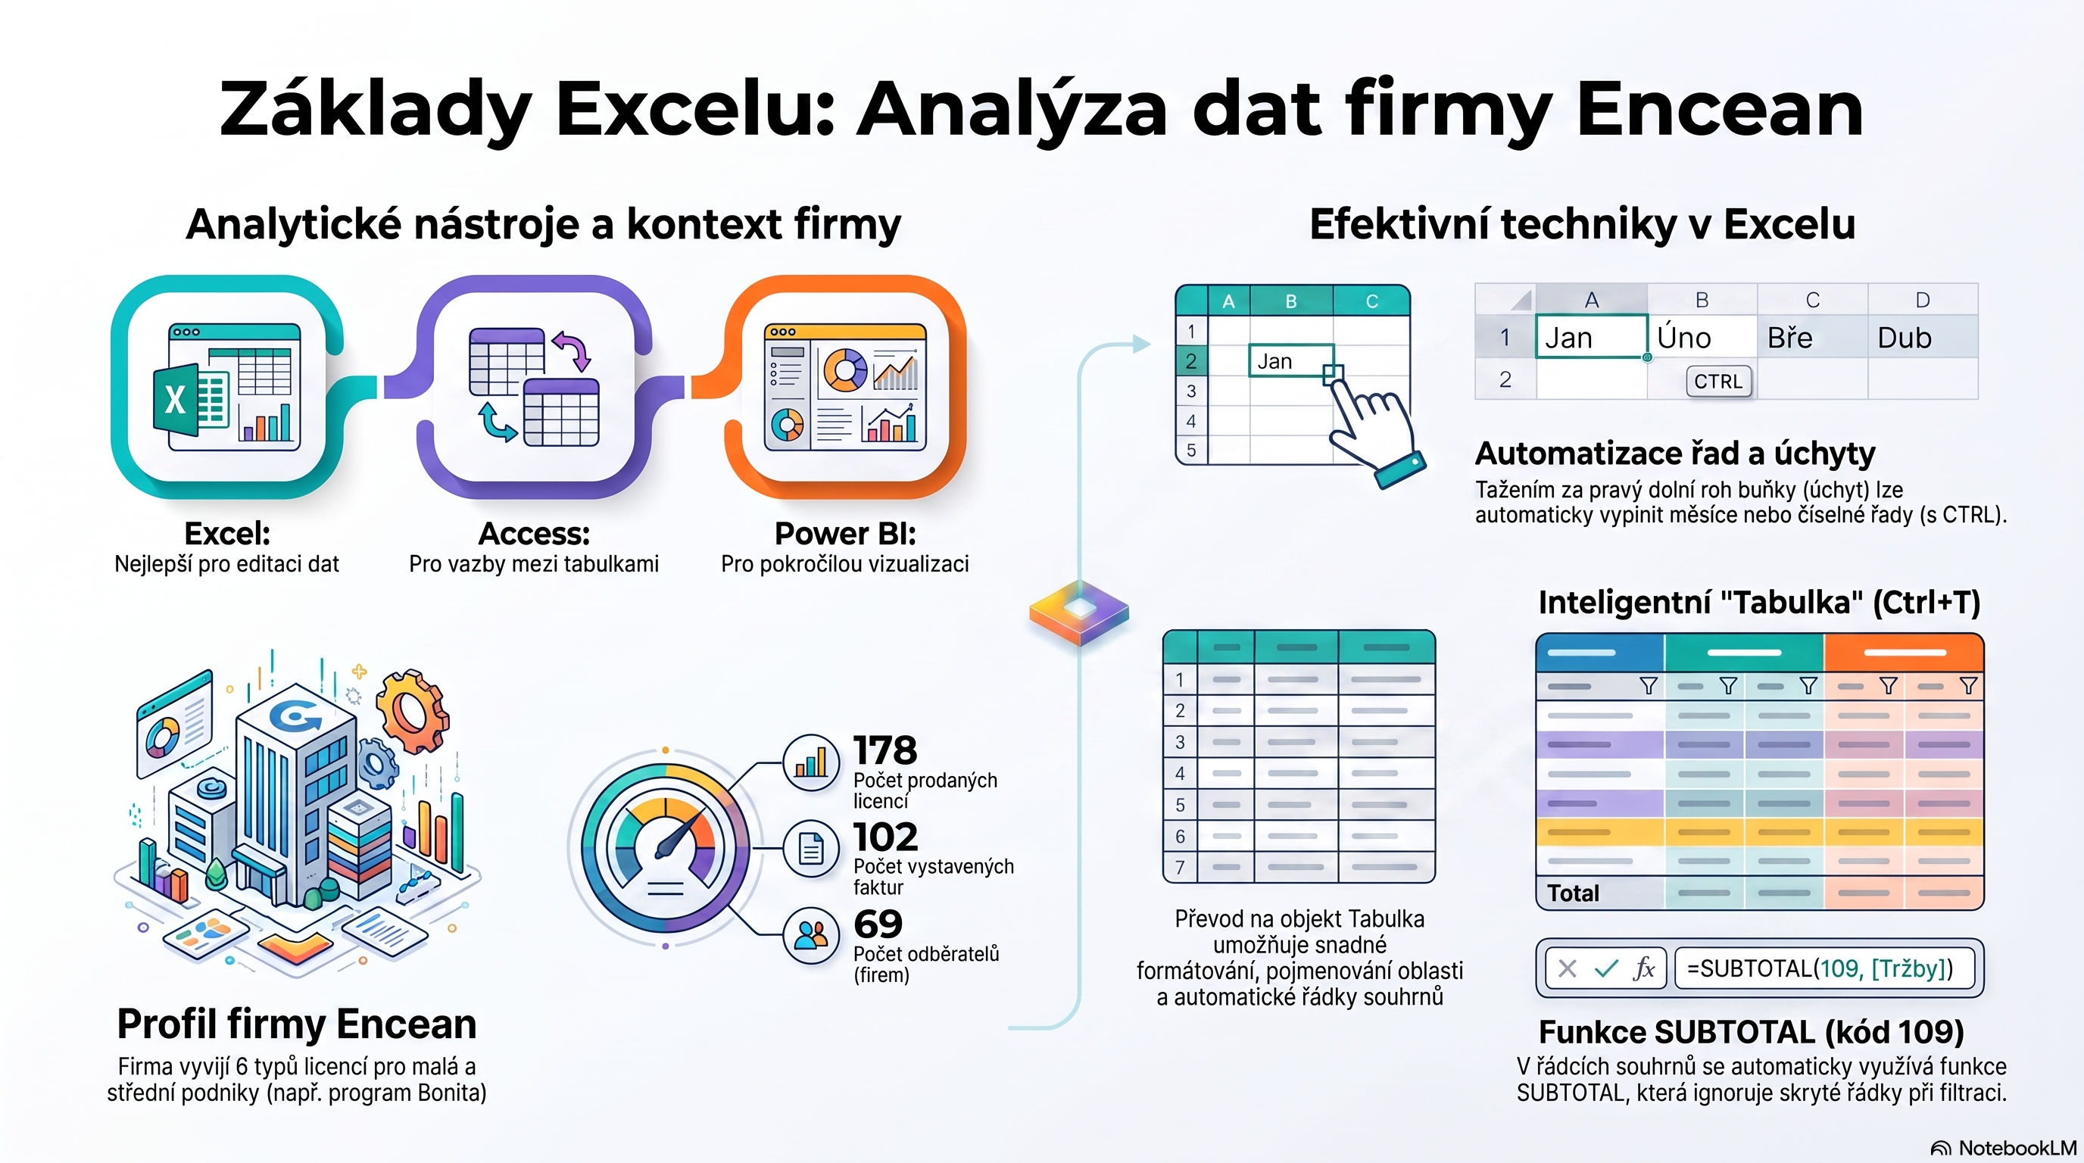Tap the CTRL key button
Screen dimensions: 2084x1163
[1718, 382]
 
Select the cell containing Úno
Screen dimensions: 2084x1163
[1702, 337]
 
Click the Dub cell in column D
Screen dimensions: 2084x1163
[1923, 337]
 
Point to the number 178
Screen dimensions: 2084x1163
[885, 750]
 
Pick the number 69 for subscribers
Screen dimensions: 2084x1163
[878, 924]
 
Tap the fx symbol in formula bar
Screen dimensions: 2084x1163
[1644, 968]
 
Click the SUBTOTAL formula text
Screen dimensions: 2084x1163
[1820, 968]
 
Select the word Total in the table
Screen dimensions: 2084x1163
[1573, 893]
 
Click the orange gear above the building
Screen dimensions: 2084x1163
[413, 712]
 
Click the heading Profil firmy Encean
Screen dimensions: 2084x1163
[297, 1024]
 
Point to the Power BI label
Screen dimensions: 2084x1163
[845, 534]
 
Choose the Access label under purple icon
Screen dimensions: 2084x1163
[534, 534]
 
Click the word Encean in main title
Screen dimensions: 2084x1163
[1720, 109]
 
